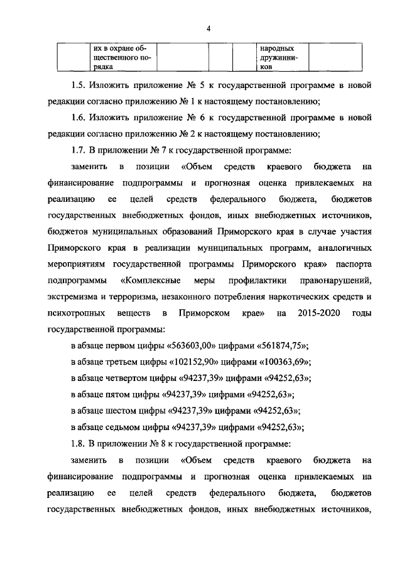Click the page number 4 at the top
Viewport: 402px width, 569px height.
[x=209, y=28]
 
